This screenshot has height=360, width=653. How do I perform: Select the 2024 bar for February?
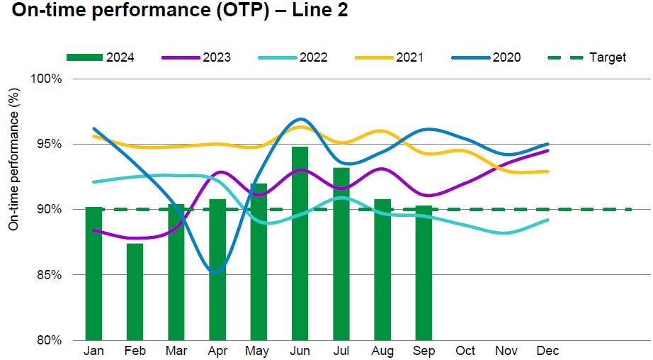coord(135,291)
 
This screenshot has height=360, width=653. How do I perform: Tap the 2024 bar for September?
coord(424,272)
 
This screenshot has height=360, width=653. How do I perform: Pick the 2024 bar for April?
coord(217,269)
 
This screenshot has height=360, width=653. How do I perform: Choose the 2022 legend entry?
coord(293,57)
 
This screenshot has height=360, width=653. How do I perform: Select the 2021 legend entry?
coord(390,57)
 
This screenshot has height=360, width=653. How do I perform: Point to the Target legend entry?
coord(588,57)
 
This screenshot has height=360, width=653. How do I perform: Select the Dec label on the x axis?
coord(547,351)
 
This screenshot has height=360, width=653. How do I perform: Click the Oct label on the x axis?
coord(465,351)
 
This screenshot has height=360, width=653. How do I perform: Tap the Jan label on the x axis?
coord(93,351)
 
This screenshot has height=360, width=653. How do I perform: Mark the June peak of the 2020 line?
coord(300,119)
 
